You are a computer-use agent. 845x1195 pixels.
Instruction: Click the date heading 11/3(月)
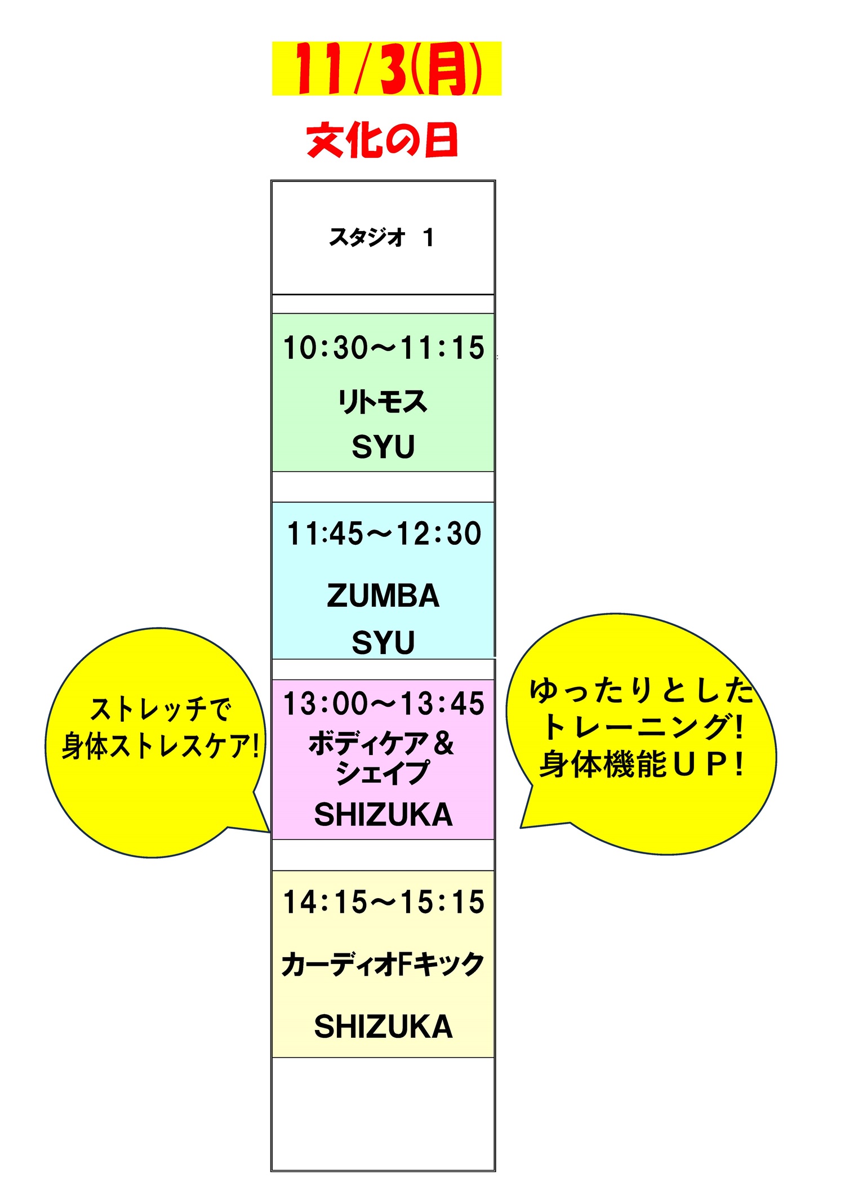click(x=386, y=69)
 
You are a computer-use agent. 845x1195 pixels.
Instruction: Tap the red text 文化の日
click(x=382, y=140)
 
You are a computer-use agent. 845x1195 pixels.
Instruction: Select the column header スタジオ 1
click(x=382, y=237)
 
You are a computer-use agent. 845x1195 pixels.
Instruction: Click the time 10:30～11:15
click(x=383, y=348)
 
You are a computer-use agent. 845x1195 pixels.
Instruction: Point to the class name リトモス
click(x=383, y=402)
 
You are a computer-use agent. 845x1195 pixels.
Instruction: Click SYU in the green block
click(x=383, y=447)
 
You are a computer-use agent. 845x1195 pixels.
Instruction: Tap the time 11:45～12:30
click(x=384, y=534)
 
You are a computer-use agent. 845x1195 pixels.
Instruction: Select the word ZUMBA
click(x=383, y=596)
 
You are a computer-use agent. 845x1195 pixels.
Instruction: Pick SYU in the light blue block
click(x=383, y=642)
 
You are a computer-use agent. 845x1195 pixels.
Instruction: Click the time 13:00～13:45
click(x=383, y=704)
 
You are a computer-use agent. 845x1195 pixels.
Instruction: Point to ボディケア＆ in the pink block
click(x=381, y=744)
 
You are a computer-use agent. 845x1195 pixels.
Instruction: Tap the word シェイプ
click(x=383, y=773)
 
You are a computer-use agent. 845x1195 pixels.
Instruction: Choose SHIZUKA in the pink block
click(x=383, y=815)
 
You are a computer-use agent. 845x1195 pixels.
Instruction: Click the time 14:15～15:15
click(x=383, y=902)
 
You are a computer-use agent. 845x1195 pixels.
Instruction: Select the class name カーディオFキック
click(x=383, y=964)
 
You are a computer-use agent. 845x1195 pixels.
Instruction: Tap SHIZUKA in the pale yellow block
click(x=383, y=1026)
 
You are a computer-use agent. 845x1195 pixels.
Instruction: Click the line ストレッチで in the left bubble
click(x=161, y=709)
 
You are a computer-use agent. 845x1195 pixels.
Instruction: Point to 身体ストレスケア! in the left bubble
click(x=160, y=746)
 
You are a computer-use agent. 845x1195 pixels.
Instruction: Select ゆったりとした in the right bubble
click(x=641, y=691)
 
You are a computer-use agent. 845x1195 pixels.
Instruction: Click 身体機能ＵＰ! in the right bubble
click(x=641, y=765)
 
